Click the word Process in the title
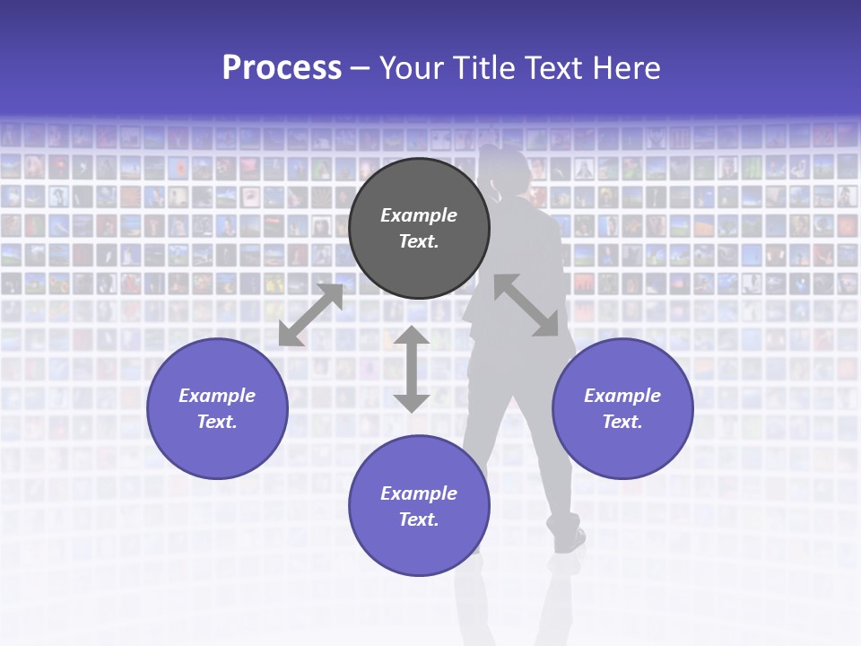point(282,68)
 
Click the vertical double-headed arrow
point(412,370)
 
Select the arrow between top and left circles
point(310,315)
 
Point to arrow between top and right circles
point(526,305)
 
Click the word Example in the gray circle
point(419,215)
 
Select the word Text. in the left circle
point(217,422)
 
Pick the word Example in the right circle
point(622,396)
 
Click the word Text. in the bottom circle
point(419,519)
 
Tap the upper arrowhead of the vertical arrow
point(412,337)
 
